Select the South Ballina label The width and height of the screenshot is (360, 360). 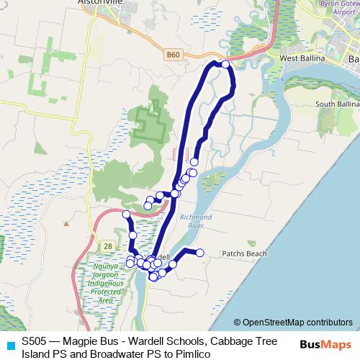337,104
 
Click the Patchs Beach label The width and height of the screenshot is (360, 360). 244,253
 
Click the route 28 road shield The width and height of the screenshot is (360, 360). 107,246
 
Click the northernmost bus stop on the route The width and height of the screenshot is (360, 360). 225,65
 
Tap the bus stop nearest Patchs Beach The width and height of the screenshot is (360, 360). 200,252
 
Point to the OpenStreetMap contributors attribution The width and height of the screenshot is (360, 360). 293,323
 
